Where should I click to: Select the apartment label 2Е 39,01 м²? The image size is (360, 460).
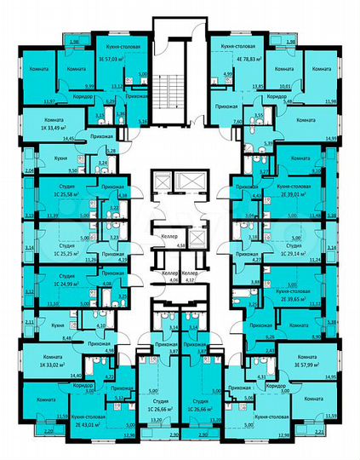pos(294,193)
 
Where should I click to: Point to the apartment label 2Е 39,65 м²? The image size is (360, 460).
pos(294,299)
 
